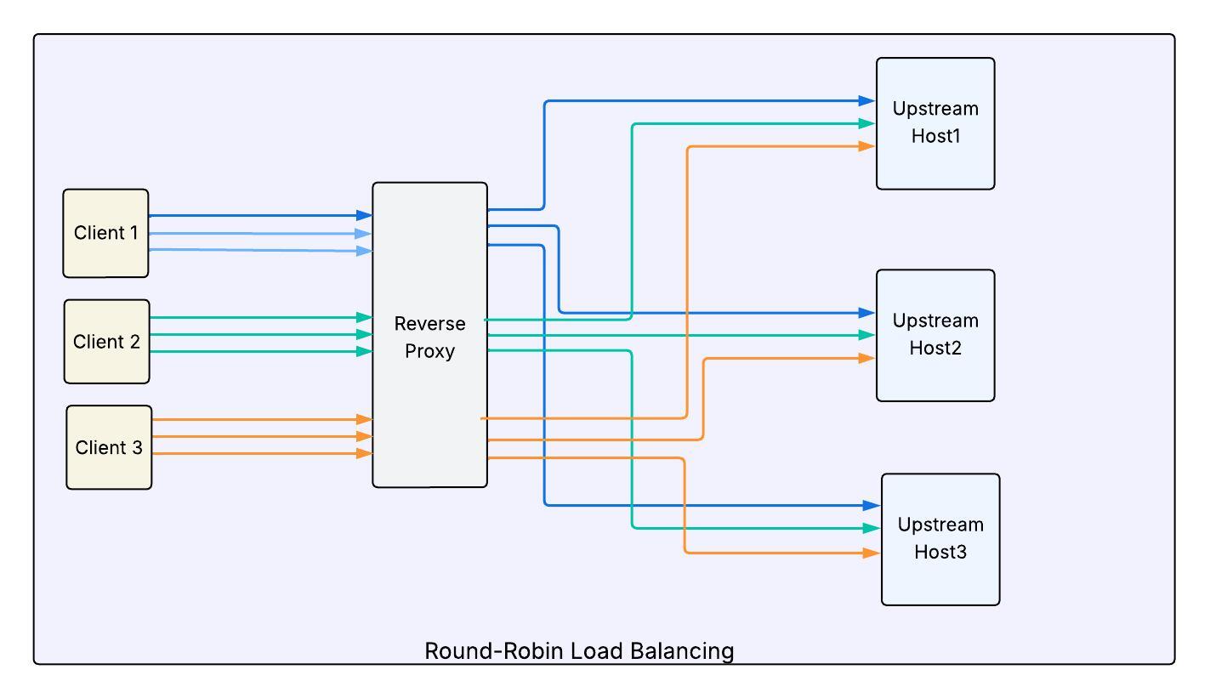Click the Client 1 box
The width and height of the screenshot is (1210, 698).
106,234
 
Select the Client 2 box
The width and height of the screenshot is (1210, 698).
107,342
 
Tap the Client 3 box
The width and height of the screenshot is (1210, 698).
109,447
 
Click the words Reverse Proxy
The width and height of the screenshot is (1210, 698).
430,338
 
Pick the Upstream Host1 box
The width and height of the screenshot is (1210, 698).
935,124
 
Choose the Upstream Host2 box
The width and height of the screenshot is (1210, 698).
935,336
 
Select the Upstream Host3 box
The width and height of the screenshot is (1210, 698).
940,540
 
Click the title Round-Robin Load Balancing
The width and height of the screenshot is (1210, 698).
579,651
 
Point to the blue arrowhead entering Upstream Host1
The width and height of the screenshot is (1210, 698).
867,100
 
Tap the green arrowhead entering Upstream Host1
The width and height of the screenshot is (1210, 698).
867,123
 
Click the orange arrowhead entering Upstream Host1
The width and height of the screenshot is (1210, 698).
867,146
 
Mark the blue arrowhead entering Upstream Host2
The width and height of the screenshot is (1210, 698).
867,312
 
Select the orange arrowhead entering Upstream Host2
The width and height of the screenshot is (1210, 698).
867,358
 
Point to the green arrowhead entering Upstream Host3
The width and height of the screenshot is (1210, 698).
872,528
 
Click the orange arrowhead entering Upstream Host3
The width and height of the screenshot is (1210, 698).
872,553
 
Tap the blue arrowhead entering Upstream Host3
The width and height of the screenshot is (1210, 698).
872,505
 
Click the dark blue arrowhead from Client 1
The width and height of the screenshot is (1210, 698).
364,215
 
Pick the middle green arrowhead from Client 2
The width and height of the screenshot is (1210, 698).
364,334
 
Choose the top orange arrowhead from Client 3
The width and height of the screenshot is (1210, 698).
364,419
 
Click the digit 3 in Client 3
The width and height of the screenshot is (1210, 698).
137,447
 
